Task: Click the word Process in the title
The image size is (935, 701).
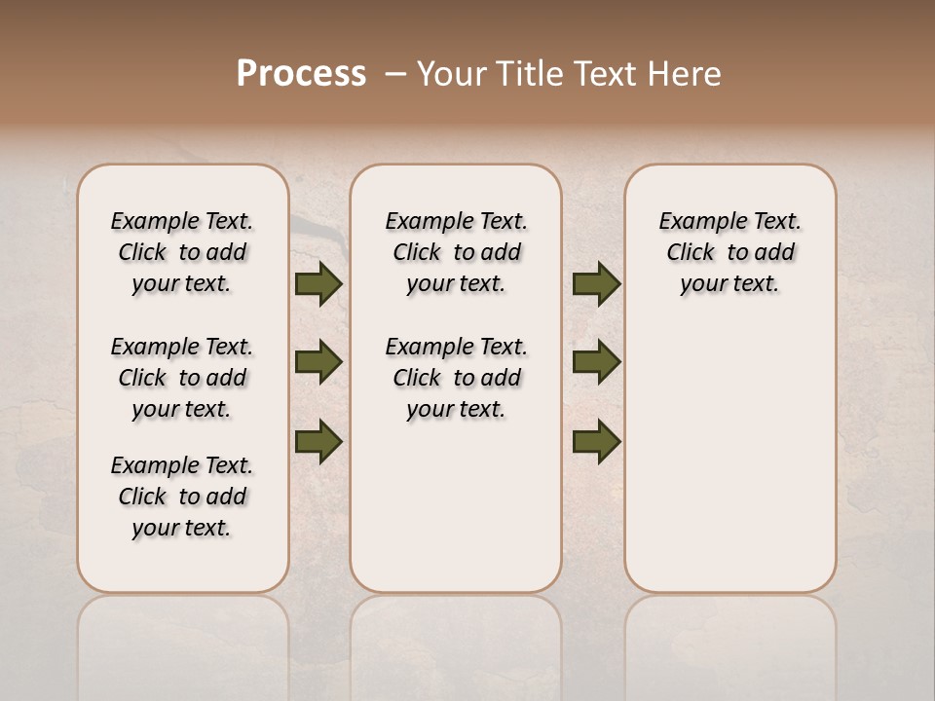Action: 301,73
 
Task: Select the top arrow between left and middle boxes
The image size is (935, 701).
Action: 318,284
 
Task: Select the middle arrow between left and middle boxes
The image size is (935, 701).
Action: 318,363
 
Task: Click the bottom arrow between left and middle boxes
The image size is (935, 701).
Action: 318,442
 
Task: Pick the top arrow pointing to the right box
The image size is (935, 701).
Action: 596,284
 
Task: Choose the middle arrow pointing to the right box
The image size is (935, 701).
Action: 596,363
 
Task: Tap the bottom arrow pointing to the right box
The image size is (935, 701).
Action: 596,442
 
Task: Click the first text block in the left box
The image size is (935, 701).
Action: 182,252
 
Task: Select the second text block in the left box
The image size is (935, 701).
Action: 182,378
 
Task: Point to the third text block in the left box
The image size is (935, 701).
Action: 182,497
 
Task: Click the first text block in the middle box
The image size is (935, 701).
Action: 456,252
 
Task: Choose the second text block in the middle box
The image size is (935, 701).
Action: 456,378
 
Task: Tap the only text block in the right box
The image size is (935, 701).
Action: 729,252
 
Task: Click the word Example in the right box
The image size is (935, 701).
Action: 695,222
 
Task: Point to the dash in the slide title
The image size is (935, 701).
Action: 395,74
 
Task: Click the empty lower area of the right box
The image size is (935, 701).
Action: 729,467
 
